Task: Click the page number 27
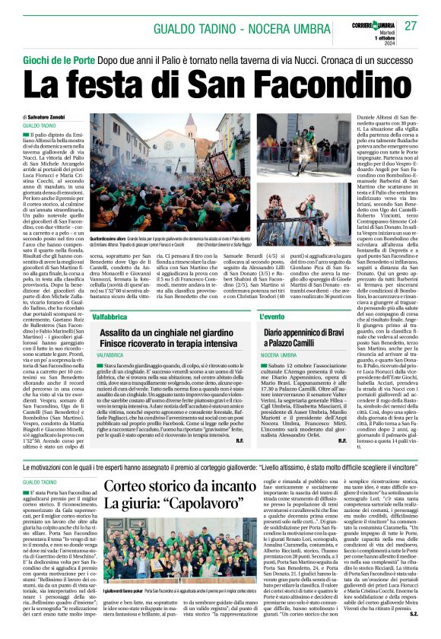click(x=411, y=26)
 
